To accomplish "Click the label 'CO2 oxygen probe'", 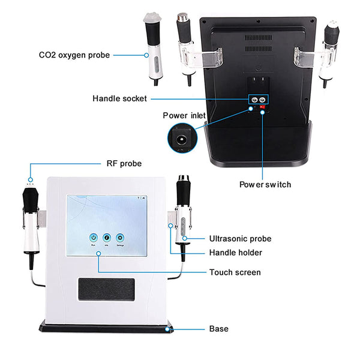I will tap(74, 55).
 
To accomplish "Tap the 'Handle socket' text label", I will tap(119, 98).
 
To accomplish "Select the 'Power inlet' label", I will tap(184, 115).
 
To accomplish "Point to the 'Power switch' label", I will tap(265, 184).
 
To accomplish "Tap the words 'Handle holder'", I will tap(236, 253).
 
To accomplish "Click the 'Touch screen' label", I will tap(235, 272).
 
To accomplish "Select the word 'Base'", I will tap(218, 329).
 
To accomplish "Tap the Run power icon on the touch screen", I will tap(94, 237).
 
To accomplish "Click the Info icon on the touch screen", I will tap(106, 237).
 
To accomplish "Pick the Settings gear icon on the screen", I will tap(119, 237).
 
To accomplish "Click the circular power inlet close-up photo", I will tap(181, 139).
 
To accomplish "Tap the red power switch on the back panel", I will tap(263, 109).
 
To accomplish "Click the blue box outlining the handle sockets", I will tap(259, 100).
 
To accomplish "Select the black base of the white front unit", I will tap(107, 327).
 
